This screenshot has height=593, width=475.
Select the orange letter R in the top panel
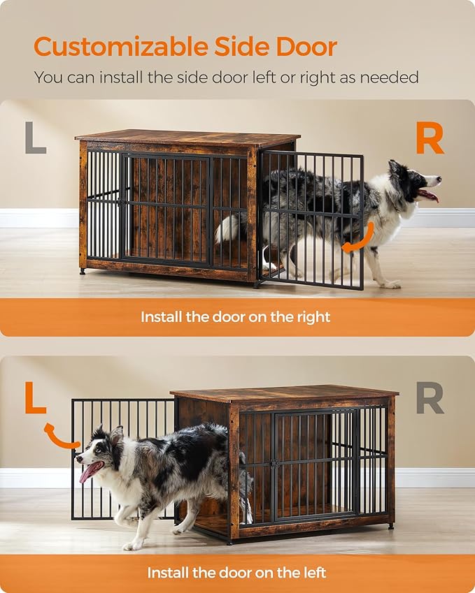[x=430, y=138]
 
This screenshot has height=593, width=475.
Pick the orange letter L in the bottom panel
[x=35, y=397]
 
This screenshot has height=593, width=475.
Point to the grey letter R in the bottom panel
[x=430, y=398]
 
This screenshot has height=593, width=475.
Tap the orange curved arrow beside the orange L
[x=60, y=436]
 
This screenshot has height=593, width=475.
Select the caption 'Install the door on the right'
[x=236, y=316]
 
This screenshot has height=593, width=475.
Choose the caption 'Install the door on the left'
[x=236, y=573]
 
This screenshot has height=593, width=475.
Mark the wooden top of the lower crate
[x=283, y=394]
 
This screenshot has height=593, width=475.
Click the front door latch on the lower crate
[x=275, y=463]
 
